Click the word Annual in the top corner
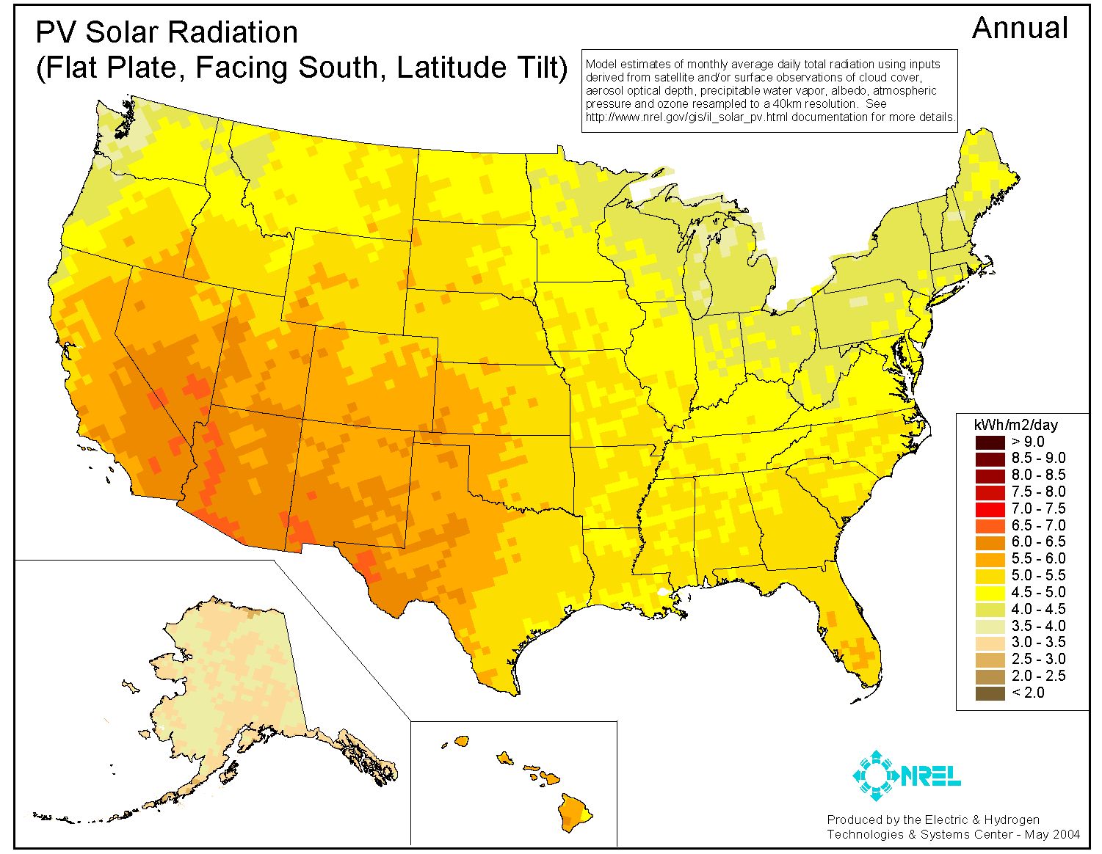click(x=1019, y=29)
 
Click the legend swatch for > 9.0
click(x=990, y=442)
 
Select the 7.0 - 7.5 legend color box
click(x=990, y=508)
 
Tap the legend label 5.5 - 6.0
click(x=1038, y=558)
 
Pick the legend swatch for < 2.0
click(x=990, y=693)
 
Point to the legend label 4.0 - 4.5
click(x=1038, y=609)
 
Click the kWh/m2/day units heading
click(x=1015, y=425)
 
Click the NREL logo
click(x=906, y=775)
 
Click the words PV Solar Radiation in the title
click(x=167, y=32)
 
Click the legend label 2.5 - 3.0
click(x=1038, y=659)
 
